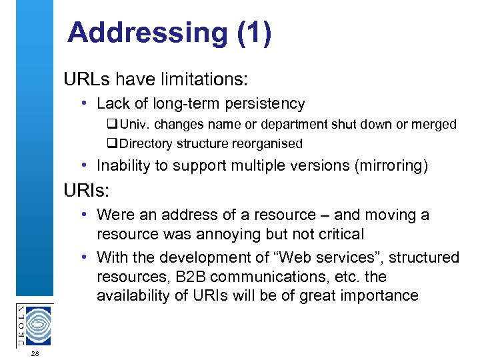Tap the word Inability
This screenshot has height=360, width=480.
coord(124,166)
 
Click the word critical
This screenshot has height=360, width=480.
coord(341,235)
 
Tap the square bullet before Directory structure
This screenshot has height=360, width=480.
coord(111,143)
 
